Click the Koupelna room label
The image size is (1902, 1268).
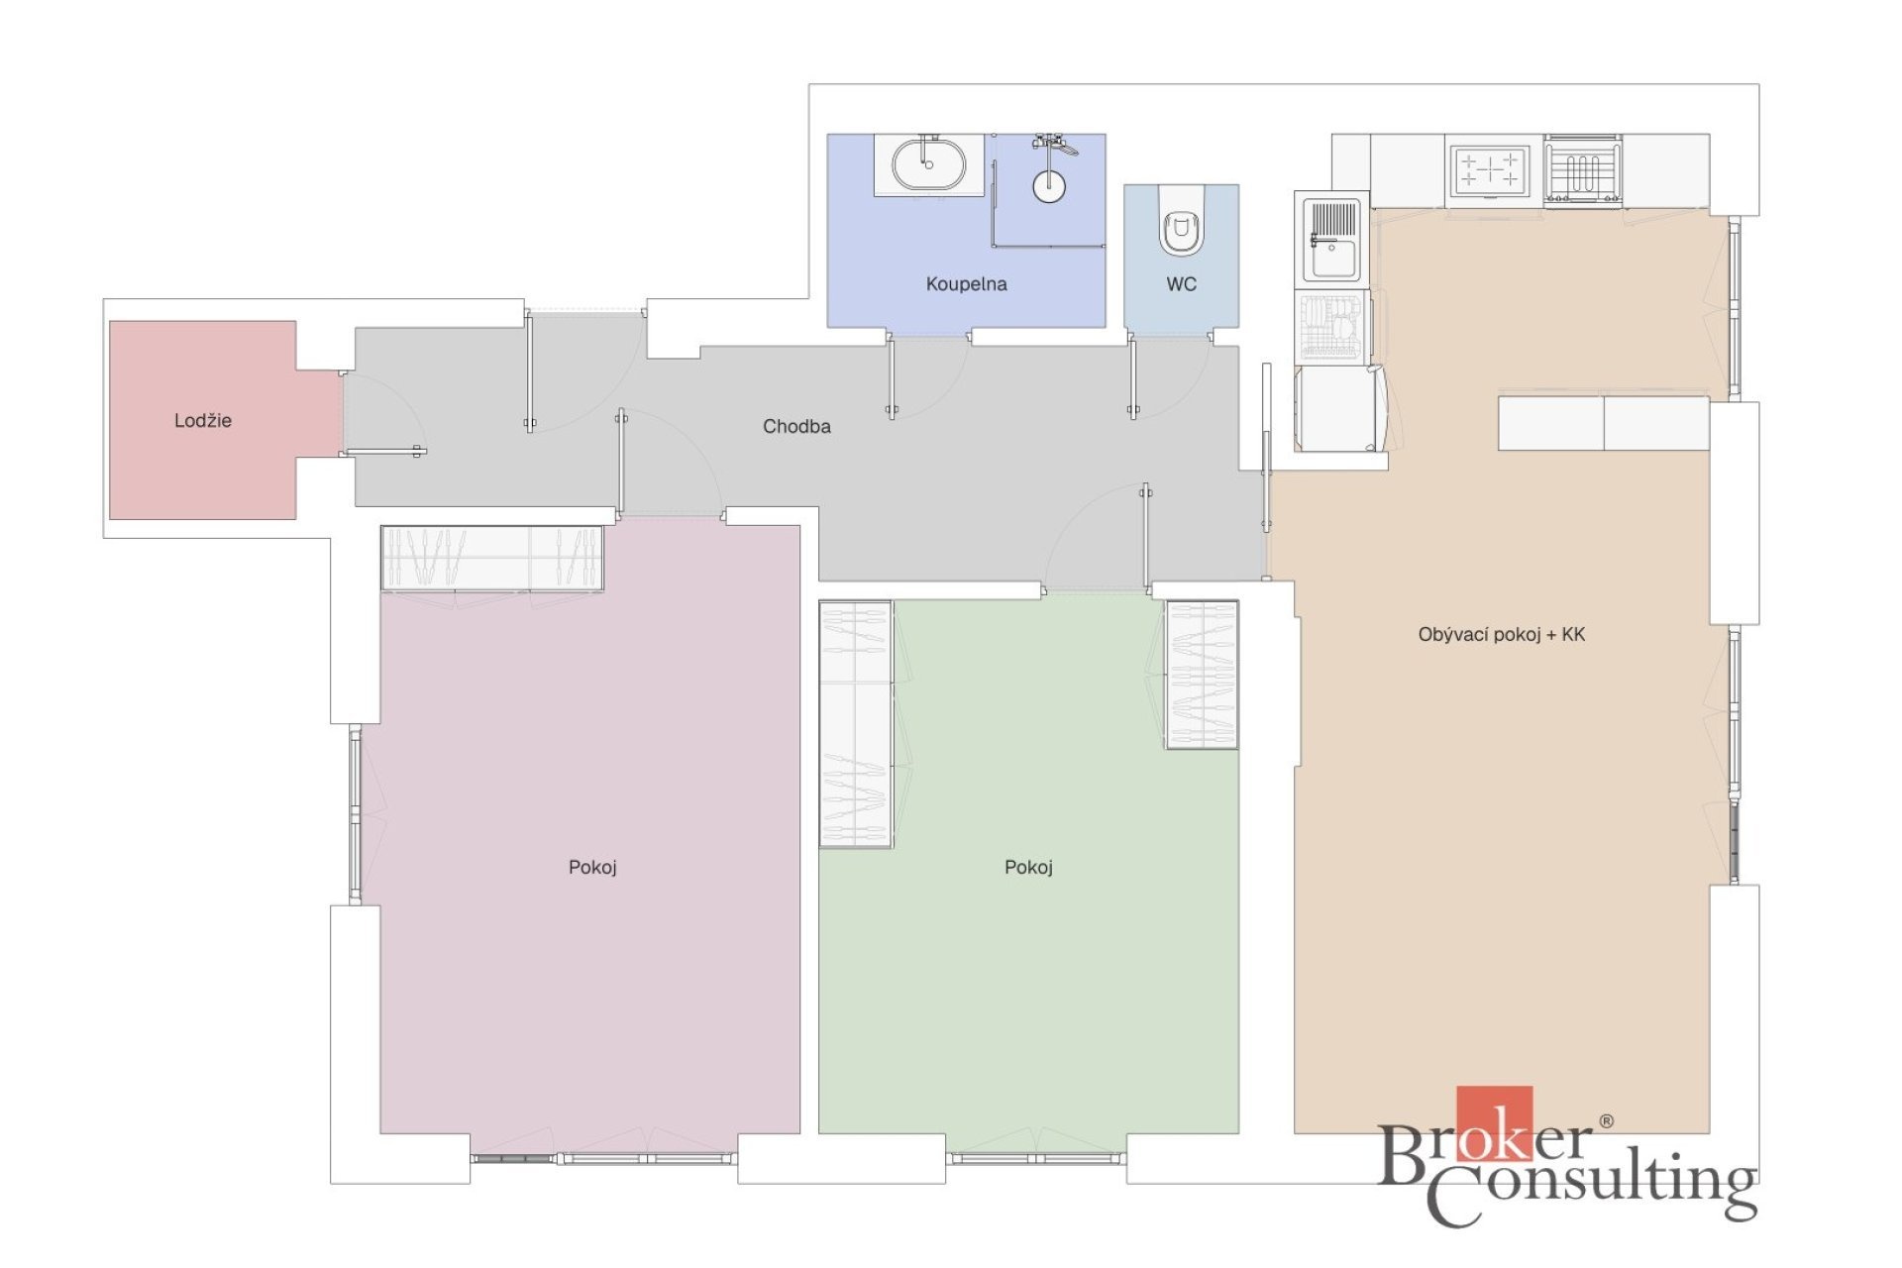click(x=966, y=284)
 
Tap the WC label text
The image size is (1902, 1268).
click(x=1181, y=284)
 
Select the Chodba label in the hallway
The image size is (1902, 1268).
click(x=796, y=427)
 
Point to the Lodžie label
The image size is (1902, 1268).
click(x=203, y=421)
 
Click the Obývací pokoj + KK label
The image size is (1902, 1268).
click(x=1501, y=635)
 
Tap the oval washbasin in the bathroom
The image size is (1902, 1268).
click(x=928, y=164)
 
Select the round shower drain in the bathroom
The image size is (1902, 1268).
click(x=1049, y=186)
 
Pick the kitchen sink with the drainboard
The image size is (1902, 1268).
click(x=1331, y=241)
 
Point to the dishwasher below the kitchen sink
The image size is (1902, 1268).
click(x=1332, y=326)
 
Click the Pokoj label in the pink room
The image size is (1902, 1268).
click(x=592, y=868)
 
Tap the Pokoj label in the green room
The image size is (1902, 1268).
click(x=1028, y=868)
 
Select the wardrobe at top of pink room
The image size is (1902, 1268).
click(x=492, y=558)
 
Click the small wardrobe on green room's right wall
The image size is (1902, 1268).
click(x=1202, y=675)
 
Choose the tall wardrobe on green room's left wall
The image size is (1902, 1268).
click(x=856, y=724)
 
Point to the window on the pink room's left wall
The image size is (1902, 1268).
click(x=355, y=814)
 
